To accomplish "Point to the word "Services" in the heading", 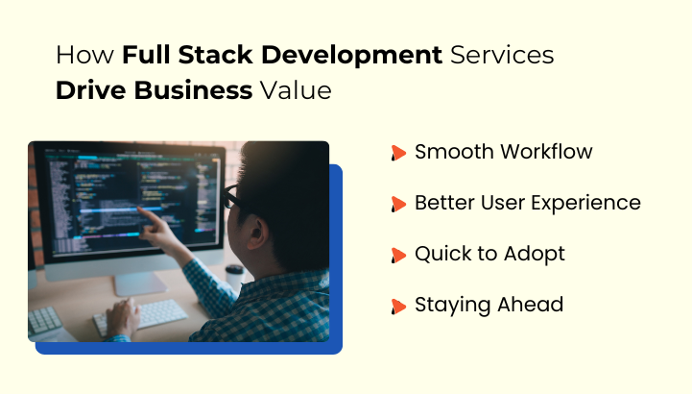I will pos(502,55).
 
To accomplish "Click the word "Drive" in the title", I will pos(89,92).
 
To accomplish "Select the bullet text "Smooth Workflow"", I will pos(503,152).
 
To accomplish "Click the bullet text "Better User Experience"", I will pos(527,203).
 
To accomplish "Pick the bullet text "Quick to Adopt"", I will pos(489,254).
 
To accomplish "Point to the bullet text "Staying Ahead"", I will pos(489,305).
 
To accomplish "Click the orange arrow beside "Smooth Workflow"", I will pos(398,153).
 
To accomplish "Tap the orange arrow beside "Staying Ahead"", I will pos(398,307).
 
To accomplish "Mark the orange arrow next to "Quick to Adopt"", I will pos(398,256).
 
